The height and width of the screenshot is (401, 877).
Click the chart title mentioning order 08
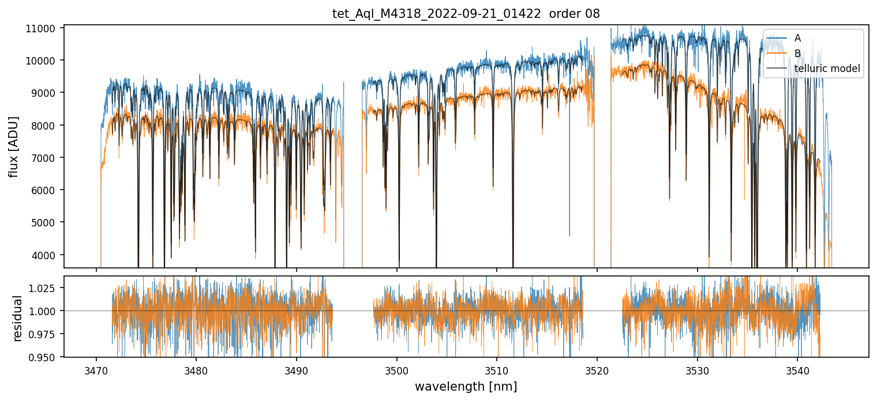tap(466, 14)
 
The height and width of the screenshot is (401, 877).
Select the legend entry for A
tap(797, 38)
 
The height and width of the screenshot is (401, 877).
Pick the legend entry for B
tap(797, 54)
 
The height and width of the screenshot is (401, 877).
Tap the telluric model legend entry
tap(827, 69)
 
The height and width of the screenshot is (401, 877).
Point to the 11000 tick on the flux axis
tap(45, 28)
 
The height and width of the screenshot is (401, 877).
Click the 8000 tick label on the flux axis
tap(47, 126)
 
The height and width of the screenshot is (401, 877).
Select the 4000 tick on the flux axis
tap(47, 255)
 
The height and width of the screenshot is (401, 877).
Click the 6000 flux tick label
tap(47, 190)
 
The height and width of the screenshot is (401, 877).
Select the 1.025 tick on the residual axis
tap(47, 288)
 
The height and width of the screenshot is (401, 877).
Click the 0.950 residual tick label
tap(47, 357)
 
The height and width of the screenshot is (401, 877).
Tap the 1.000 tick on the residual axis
tap(47, 311)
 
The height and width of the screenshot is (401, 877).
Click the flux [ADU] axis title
tap(13, 146)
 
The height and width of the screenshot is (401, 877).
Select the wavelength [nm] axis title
tap(466, 387)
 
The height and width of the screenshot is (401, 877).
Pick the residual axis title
tap(18, 318)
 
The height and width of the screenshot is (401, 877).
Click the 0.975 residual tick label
tap(47, 334)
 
